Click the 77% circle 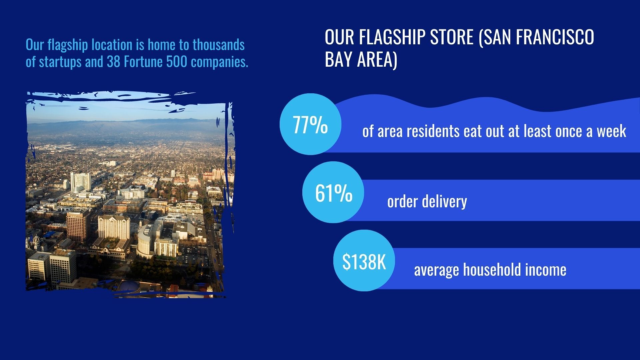pos(310,124)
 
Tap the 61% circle pos(333,192)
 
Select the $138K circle pos(364,261)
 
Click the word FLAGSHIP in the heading pos(392,37)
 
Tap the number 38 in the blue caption pos(114,62)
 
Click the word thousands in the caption pos(219,45)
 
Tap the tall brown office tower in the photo pos(77,225)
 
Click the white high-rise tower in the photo pos(80,182)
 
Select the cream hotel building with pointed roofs pos(114,227)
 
